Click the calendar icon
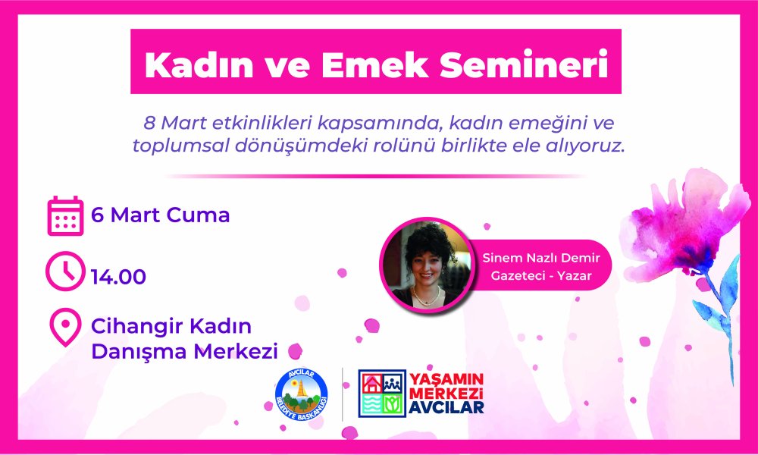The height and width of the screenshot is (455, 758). tap(65, 215)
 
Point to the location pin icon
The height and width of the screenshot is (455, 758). tap(65, 328)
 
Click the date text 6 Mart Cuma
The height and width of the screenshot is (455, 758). tap(160, 215)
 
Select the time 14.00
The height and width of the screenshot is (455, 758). tap(118, 277)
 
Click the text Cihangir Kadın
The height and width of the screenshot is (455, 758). tap(171, 328)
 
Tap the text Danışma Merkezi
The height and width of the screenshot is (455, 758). tap(184, 352)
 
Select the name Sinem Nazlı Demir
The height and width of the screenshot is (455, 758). tap(536, 258)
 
